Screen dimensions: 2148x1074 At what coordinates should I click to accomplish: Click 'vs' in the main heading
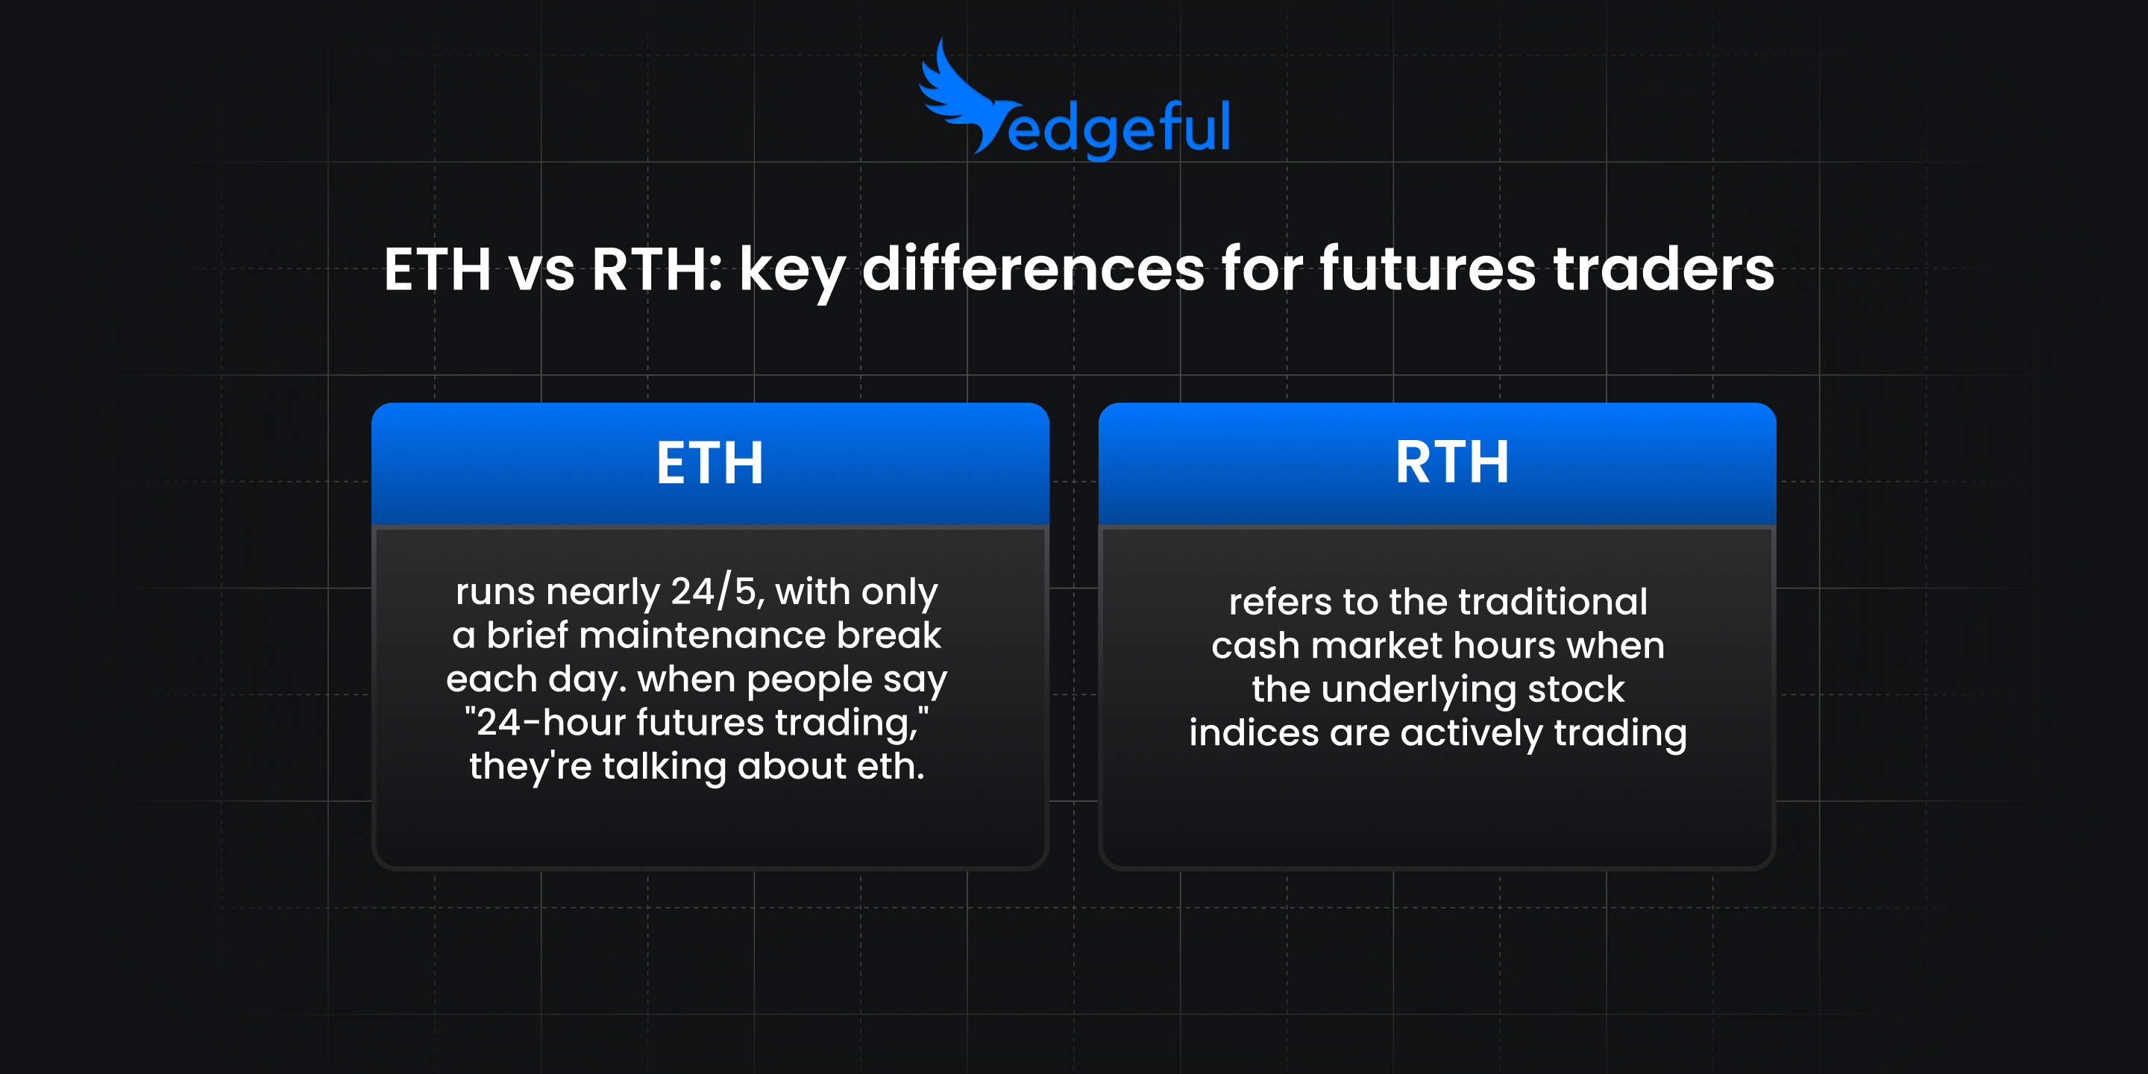tap(542, 271)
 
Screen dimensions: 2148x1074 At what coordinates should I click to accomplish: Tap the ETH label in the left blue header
tap(709, 462)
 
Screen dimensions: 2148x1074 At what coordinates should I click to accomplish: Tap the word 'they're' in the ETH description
tap(530, 766)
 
